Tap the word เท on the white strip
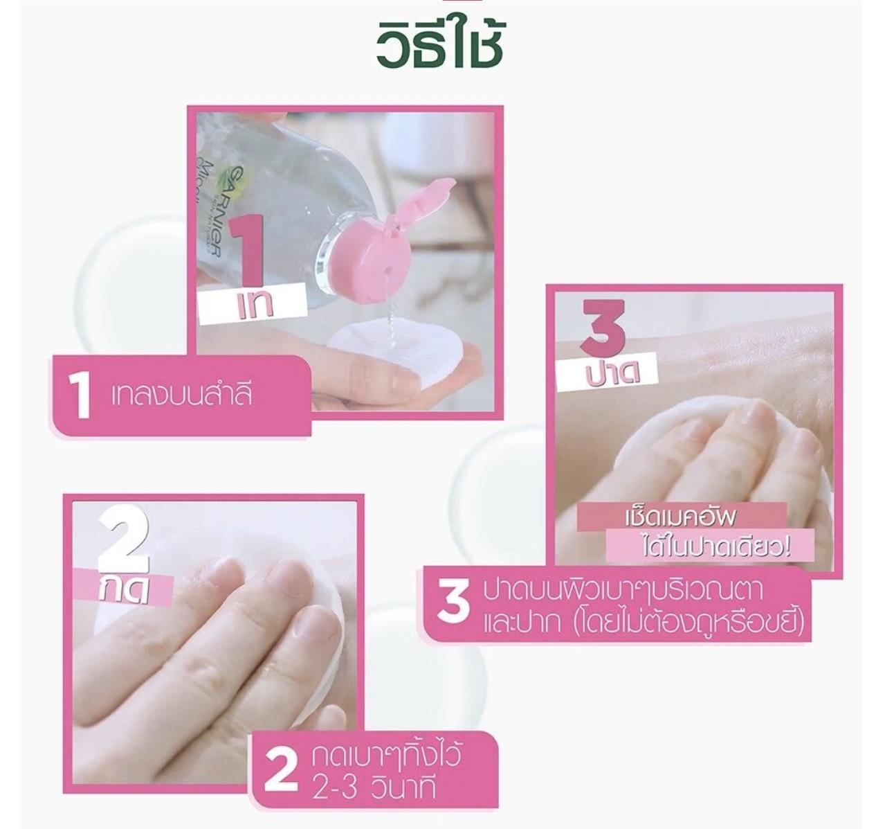pos(253,305)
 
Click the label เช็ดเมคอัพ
pos(680,518)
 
